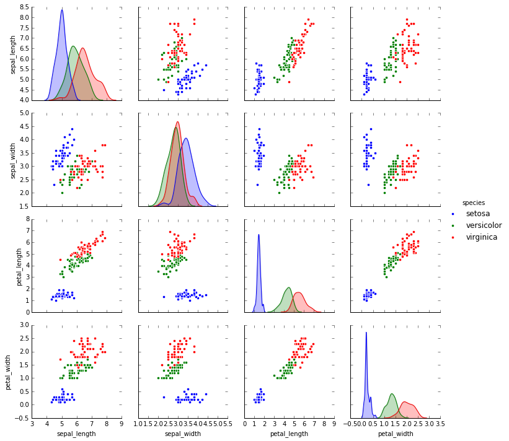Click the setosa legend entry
pyautogui.click(x=482, y=214)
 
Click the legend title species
pyautogui.click(x=473, y=203)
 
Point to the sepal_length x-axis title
pyautogui.click(x=77, y=434)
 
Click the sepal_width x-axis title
pyautogui.click(x=183, y=434)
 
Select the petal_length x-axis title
pyautogui.click(x=290, y=434)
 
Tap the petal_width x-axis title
pyautogui.click(x=396, y=434)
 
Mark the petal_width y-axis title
pyautogui.click(x=9, y=372)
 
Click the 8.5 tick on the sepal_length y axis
pyautogui.click(x=22, y=6)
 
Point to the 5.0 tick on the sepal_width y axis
pyautogui.click(x=22, y=113)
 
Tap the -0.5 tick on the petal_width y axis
pyautogui.click(x=20, y=418)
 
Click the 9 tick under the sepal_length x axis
pyautogui.click(x=122, y=425)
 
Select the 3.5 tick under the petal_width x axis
pyautogui.click(x=440, y=425)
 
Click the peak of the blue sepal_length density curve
pyautogui.click(x=62, y=10)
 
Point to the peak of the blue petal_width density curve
pyautogui.click(x=366, y=332)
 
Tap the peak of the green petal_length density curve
pyautogui.click(x=288, y=287)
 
